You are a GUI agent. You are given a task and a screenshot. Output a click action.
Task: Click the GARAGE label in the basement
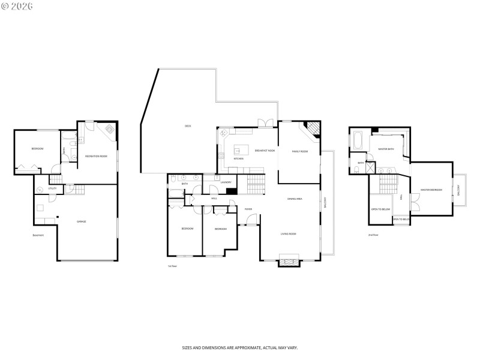pos(81,221)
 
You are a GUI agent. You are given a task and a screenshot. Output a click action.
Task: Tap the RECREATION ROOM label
pos(96,156)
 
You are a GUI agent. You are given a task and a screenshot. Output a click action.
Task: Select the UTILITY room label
pos(52,188)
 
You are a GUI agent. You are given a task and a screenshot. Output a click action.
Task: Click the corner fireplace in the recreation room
pos(110,129)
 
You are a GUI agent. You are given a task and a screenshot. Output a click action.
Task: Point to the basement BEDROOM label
pos(37,149)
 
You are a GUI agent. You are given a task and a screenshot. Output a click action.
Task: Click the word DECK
pos(188,126)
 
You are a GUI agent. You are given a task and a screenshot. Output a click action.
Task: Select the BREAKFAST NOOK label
pos(265,151)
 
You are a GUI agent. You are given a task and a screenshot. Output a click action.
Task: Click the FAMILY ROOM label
pos(300,151)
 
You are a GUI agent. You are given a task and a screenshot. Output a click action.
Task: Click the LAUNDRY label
pos(226,182)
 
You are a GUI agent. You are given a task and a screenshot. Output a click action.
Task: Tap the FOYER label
pos(248,209)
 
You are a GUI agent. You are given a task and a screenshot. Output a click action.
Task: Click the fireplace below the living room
pos(290,260)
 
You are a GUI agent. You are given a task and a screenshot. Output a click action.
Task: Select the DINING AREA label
pos(295,199)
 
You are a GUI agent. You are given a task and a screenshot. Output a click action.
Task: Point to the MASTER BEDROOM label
pos(431,190)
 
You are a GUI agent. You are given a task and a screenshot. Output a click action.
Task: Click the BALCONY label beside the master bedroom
pos(460,190)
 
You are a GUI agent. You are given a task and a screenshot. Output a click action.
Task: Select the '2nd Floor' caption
pos(373,235)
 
